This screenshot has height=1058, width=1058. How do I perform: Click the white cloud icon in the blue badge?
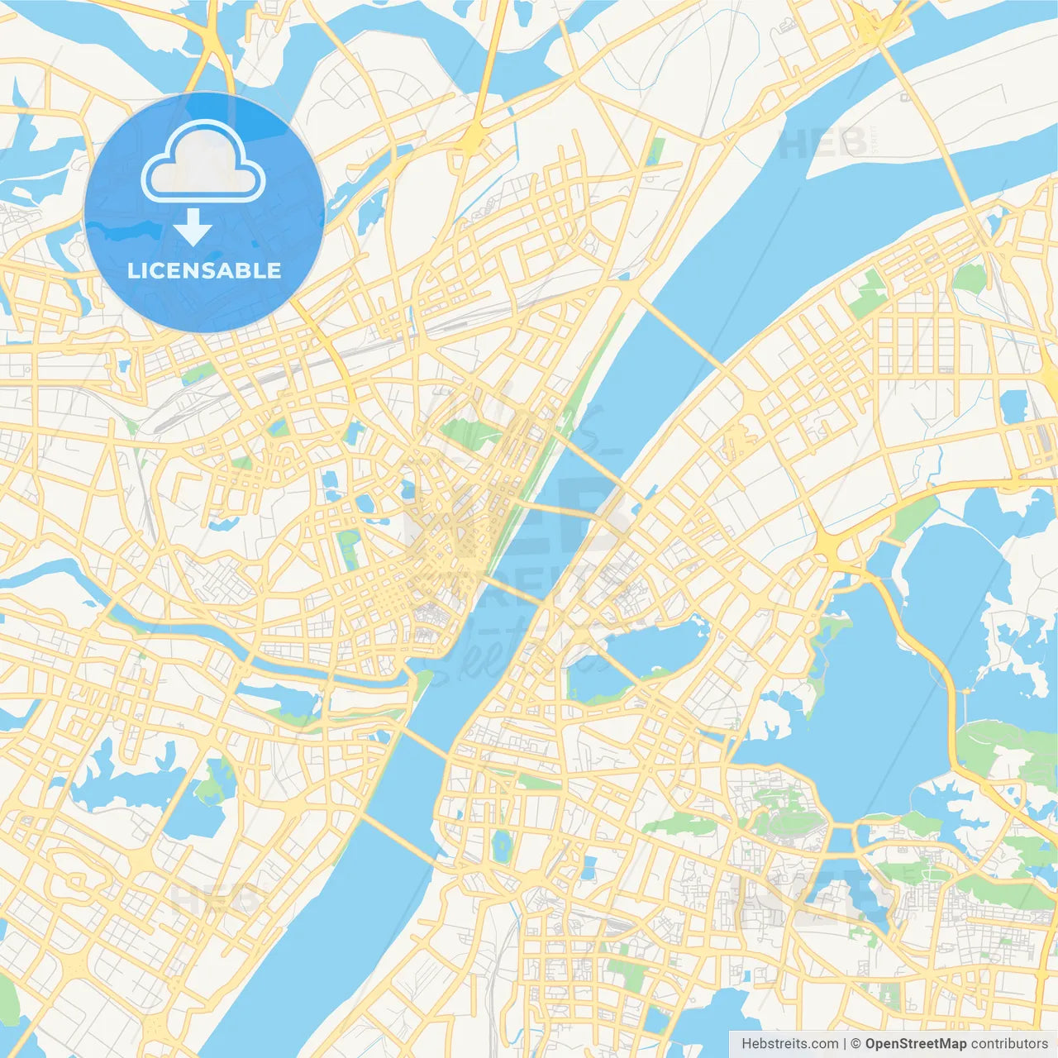[x=203, y=161]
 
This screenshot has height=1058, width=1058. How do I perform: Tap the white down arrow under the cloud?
[x=193, y=226]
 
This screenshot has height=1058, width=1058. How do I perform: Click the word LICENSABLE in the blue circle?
[x=204, y=270]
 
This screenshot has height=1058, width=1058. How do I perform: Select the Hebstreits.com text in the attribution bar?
[x=789, y=1044]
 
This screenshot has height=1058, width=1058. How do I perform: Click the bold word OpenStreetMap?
[x=915, y=1044]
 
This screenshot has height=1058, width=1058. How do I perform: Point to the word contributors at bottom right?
[x=1009, y=1044]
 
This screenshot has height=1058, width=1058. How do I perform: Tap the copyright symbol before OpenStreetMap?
[x=855, y=1044]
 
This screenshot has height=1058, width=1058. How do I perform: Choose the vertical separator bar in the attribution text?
[x=845, y=1044]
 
